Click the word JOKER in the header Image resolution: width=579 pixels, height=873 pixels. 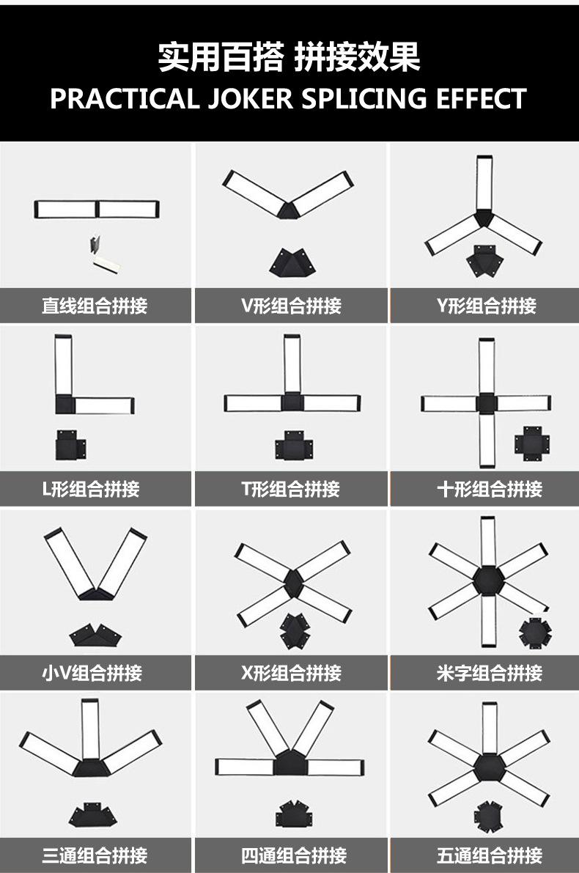tap(243, 98)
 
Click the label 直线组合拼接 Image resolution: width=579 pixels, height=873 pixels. tap(95, 306)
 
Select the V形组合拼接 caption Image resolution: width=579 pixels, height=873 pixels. tap(291, 306)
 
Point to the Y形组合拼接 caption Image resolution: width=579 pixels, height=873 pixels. tap(486, 306)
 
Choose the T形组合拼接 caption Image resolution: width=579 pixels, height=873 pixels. tap(291, 489)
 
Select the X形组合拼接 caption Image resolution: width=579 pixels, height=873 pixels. tap(291, 672)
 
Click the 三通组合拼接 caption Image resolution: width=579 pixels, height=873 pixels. tap(95, 855)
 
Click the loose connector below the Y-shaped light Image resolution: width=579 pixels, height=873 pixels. tap(484, 261)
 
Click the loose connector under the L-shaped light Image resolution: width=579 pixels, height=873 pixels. tap(70, 446)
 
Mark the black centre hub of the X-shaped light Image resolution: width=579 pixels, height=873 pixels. tap(293, 582)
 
